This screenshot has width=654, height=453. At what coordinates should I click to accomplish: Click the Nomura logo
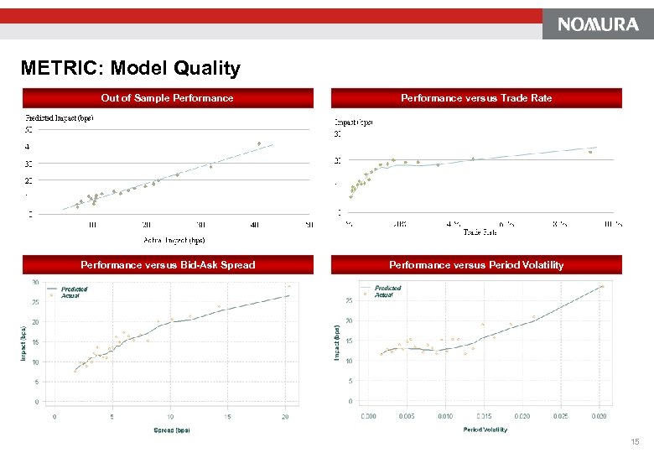(598, 24)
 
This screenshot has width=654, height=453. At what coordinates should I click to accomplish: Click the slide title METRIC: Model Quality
(131, 68)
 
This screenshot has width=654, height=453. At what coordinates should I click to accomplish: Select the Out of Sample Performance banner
(167, 98)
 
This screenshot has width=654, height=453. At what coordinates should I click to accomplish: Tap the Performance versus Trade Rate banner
(476, 98)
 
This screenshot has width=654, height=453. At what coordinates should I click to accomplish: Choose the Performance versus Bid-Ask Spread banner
(168, 265)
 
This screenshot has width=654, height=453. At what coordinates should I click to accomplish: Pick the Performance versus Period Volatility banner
(476, 265)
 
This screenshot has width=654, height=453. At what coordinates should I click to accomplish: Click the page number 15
(634, 441)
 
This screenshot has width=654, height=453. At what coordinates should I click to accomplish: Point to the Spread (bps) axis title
(171, 430)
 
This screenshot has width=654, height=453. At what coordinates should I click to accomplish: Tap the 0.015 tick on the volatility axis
(484, 416)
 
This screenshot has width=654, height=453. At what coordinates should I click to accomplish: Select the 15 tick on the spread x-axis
(228, 416)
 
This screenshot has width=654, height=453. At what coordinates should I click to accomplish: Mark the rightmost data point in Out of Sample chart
(259, 143)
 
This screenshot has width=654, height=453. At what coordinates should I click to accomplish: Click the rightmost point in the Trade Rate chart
(590, 152)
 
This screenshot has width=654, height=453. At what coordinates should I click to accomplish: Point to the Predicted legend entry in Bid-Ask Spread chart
(74, 289)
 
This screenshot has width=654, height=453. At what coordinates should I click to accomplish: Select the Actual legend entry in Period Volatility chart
(383, 294)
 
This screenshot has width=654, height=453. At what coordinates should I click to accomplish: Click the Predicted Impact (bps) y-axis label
(59, 117)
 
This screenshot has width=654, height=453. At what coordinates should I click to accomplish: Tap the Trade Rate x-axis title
(480, 232)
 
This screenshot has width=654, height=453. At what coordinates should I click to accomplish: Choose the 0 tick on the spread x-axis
(54, 416)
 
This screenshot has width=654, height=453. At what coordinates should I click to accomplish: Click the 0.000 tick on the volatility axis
(368, 416)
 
